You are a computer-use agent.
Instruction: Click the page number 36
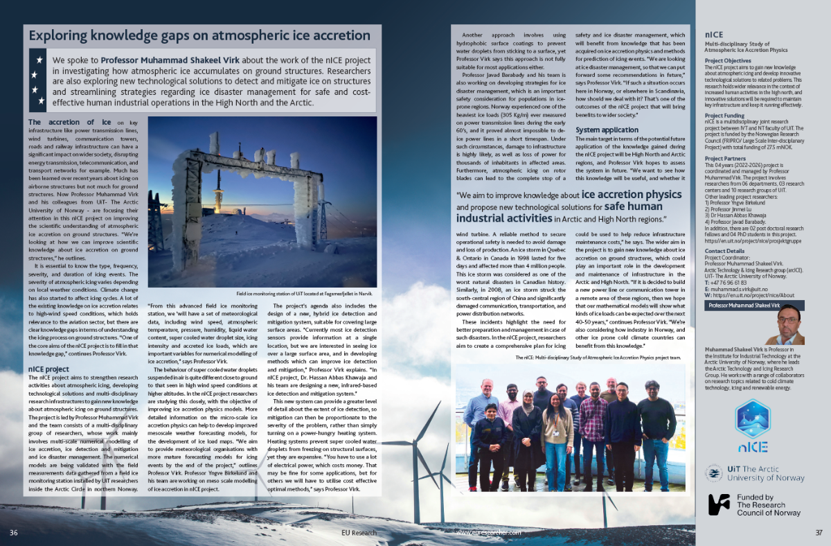13,532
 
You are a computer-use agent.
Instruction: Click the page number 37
819,532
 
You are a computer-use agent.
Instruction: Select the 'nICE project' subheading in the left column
50,369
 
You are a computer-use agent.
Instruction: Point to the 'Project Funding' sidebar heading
726,116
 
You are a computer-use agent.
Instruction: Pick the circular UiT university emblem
713,474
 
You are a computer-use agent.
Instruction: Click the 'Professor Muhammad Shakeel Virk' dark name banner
744,305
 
